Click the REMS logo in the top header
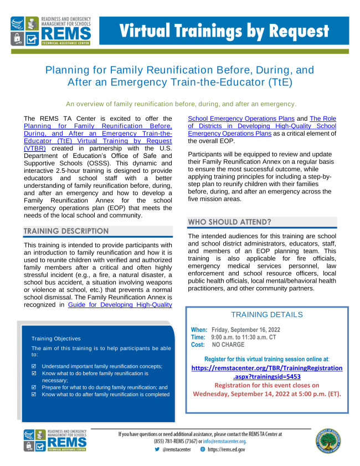(x=55, y=31)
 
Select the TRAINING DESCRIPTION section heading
(x=66, y=231)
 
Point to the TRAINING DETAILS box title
(x=266, y=314)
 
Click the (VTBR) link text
(x=35, y=148)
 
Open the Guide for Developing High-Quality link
(x=120, y=304)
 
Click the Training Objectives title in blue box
(x=56, y=338)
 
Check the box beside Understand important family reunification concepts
(x=34, y=367)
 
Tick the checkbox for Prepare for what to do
(x=34, y=387)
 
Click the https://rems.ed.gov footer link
(x=227, y=449)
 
